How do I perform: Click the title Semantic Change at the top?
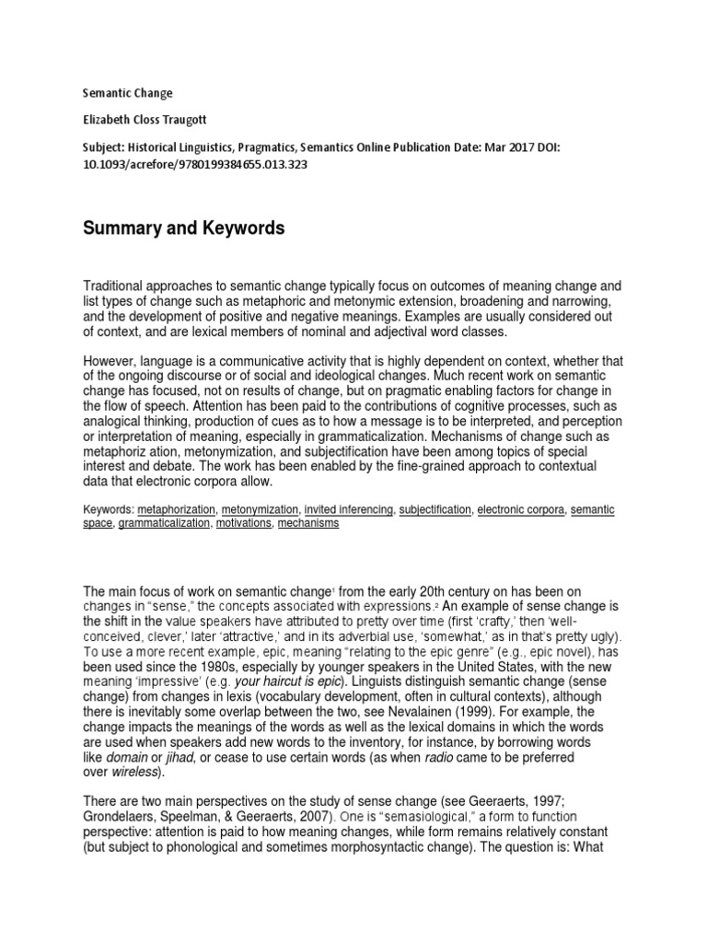point(128,93)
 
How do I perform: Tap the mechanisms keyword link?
point(308,523)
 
